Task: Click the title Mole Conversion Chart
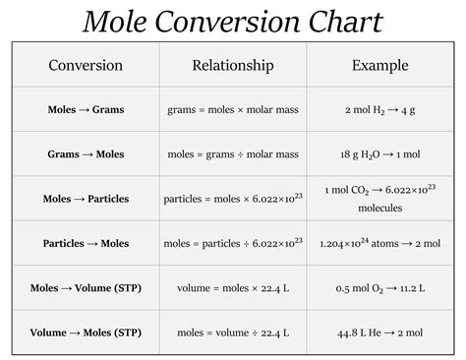(233, 21)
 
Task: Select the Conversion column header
(86, 66)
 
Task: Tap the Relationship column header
(233, 66)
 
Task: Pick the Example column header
(380, 66)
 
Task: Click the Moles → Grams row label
(86, 110)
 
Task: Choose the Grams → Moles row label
(86, 154)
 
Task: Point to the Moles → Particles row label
(86, 199)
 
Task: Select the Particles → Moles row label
(86, 243)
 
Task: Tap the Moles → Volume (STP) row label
(86, 288)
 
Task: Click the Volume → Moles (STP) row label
(86, 332)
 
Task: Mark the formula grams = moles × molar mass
(233, 110)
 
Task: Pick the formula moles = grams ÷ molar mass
(233, 154)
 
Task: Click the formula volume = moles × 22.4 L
(233, 288)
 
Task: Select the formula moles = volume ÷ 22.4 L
(233, 332)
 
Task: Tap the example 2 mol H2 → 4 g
(380, 110)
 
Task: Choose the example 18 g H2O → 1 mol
(380, 154)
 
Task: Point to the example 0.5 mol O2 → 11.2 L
(380, 288)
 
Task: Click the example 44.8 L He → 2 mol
(380, 332)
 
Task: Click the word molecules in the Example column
(380, 208)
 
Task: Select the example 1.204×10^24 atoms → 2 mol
(380, 243)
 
